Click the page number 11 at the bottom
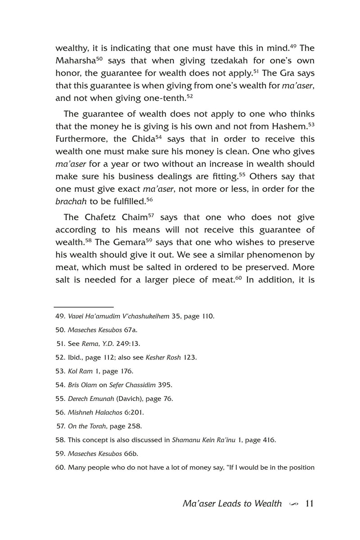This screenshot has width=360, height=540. (x=309, y=503)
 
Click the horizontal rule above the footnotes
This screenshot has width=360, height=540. (x=84, y=306)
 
